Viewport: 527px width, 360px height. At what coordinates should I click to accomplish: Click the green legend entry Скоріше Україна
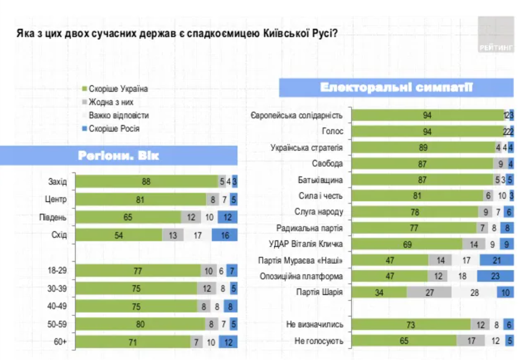pyautogui.click(x=114, y=88)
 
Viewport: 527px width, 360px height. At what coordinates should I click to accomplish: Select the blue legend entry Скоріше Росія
pyautogui.click(x=111, y=128)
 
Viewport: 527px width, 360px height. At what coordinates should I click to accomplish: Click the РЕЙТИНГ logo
pyautogui.click(x=495, y=35)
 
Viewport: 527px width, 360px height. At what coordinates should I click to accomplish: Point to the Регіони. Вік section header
pyautogui.click(x=119, y=155)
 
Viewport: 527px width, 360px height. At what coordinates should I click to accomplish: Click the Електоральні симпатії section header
pyautogui.click(x=396, y=88)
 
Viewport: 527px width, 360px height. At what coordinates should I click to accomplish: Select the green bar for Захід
pyautogui.click(x=147, y=181)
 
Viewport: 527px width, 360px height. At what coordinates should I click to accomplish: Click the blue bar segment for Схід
pyautogui.click(x=224, y=235)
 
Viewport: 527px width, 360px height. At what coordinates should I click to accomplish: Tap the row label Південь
pyautogui.click(x=54, y=217)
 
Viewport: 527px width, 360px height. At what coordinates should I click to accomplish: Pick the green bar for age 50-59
pyautogui.click(x=140, y=324)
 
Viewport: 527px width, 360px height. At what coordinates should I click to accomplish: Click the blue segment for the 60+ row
pyautogui.click(x=228, y=342)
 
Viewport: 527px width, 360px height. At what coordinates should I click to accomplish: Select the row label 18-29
pyautogui.click(x=57, y=270)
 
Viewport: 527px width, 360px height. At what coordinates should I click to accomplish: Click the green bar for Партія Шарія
pyautogui.click(x=379, y=293)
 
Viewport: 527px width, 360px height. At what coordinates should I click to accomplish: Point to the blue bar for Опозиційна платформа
pyautogui.click(x=495, y=276)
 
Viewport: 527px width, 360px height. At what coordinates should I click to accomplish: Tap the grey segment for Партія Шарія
pyautogui.click(x=430, y=293)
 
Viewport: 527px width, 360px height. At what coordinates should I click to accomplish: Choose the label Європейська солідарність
pyautogui.click(x=296, y=116)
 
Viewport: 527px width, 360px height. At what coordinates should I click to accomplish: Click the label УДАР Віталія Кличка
pyautogui.click(x=306, y=244)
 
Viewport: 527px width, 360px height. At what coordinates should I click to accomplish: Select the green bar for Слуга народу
pyautogui.click(x=415, y=212)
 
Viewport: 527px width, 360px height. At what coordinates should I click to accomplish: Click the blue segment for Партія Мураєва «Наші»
pyautogui.click(x=496, y=260)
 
